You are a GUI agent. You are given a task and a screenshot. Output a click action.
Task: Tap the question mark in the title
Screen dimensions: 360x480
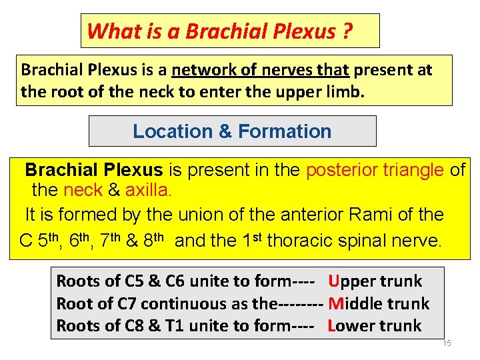tap(347, 31)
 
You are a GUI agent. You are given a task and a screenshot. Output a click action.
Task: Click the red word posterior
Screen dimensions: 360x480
tap(341, 170)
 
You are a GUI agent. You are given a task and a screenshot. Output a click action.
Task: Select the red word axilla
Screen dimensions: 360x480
tap(148, 191)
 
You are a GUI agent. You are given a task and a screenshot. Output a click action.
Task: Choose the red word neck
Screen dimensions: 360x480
tap(83, 191)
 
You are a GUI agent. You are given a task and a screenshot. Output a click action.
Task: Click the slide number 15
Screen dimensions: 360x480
tap(447, 343)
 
